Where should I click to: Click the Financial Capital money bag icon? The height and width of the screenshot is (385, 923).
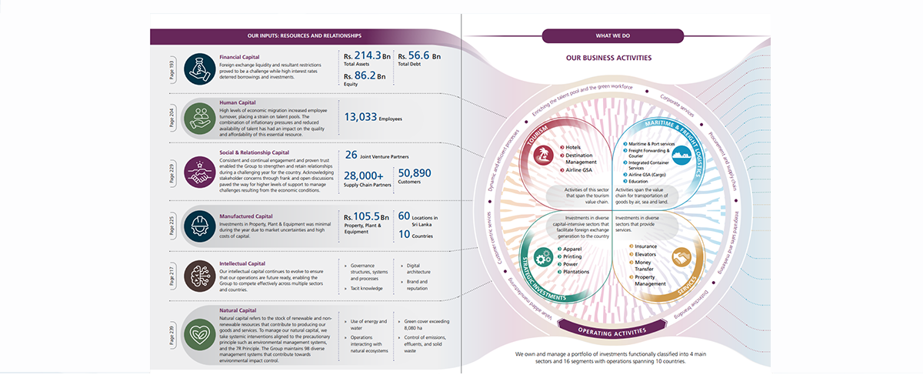click(199, 68)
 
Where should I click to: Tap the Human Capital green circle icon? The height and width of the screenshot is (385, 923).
click(199, 117)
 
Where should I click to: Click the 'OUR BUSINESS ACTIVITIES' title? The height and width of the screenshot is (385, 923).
click(608, 58)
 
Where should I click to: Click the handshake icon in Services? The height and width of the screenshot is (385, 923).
click(681, 257)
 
